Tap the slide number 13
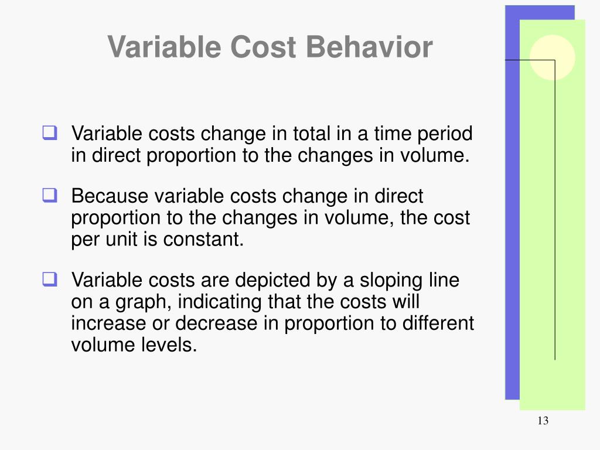[542, 421]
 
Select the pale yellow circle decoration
[552, 57]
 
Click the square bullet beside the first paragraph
[49, 134]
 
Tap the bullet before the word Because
[49, 196]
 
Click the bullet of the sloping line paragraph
[49, 280]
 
